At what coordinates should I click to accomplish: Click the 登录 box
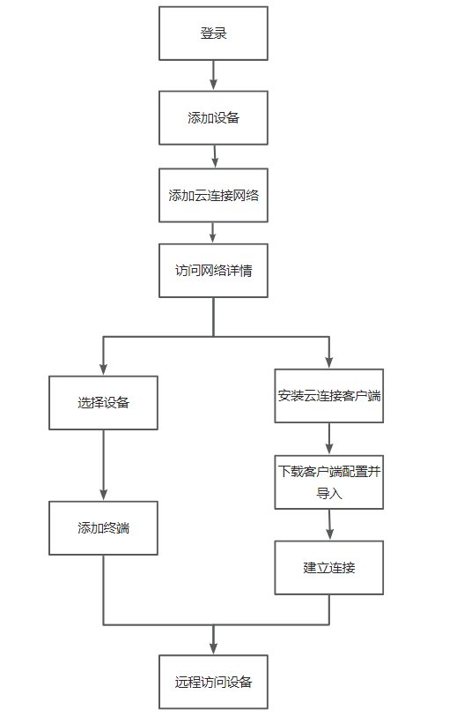pyautogui.click(x=213, y=34)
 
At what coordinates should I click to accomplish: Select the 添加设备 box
pyautogui.click(x=213, y=118)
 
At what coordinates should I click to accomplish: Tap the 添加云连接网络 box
pyautogui.click(x=213, y=195)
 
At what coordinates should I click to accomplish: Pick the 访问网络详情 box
pyautogui.click(x=213, y=271)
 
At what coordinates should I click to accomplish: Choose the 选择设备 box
pyautogui.click(x=103, y=403)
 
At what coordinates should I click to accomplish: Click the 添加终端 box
pyautogui.click(x=103, y=527)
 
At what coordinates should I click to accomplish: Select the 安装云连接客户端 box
pyautogui.click(x=329, y=396)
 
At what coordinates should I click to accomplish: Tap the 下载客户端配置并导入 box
pyautogui.click(x=329, y=482)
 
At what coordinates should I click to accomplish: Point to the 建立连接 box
pyautogui.click(x=329, y=568)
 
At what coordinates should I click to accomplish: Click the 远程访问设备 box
pyautogui.click(x=213, y=682)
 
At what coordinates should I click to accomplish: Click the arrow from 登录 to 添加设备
pyautogui.click(x=213, y=75)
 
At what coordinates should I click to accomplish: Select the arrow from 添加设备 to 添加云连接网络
pyautogui.click(x=215, y=156)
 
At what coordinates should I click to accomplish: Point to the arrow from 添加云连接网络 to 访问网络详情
pyautogui.click(x=212, y=233)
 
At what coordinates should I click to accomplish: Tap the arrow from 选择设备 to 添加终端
pyautogui.click(x=103, y=465)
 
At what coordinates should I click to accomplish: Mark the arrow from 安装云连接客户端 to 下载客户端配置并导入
pyautogui.click(x=329, y=438)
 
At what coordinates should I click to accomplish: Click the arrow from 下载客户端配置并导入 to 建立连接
pyautogui.click(x=329, y=525)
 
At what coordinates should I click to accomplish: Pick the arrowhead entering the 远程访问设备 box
pyautogui.click(x=213, y=648)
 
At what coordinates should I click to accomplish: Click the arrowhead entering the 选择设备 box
pyautogui.click(x=103, y=369)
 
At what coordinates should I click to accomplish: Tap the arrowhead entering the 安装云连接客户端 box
pyautogui.click(x=329, y=362)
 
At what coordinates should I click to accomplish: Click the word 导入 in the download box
pyautogui.click(x=329, y=494)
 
